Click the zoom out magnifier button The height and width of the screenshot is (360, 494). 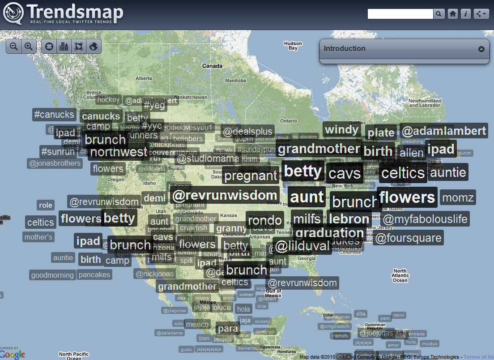click(x=14, y=46)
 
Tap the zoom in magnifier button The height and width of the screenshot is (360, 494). click(x=29, y=46)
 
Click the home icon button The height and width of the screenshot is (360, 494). click(x=453, y=14)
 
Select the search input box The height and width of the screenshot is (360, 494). click(x=400, y=14)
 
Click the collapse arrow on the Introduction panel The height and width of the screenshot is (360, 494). click(x=481, y=49)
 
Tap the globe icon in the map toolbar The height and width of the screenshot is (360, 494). click(x=94, y=46)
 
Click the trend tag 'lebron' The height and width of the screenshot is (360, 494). click(x=349, y=219)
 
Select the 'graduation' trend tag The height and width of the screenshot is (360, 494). click(x=329, y=233)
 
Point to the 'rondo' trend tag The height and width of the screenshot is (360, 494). click(x=265, y=220)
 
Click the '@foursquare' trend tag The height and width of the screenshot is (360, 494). click(x=408, y=238)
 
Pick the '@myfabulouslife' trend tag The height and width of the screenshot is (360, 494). click(x=425, y=219)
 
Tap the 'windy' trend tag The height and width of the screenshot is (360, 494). click(x=342, y=130)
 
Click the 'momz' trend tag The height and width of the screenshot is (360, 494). click(x=457, y=197)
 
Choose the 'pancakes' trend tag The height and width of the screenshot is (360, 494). click(x=94, y=274)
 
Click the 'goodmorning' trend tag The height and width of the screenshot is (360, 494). click(x=52, y=275)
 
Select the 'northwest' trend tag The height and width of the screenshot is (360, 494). click(x=119, y=152)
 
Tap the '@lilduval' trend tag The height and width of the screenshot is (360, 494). click(x=302, y=246)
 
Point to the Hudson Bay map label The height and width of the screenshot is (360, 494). click(x=293, y=46)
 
